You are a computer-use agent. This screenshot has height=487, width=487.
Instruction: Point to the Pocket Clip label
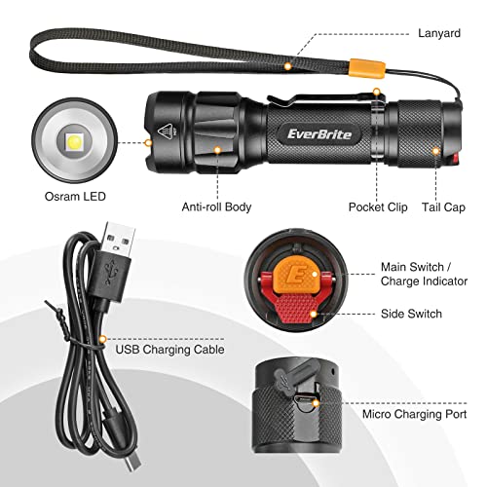click(x=377, y=206)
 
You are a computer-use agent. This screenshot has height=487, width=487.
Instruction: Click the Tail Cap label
click(x=445, y=206)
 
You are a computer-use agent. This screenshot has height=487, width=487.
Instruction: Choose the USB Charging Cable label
click(x=169, y=348)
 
